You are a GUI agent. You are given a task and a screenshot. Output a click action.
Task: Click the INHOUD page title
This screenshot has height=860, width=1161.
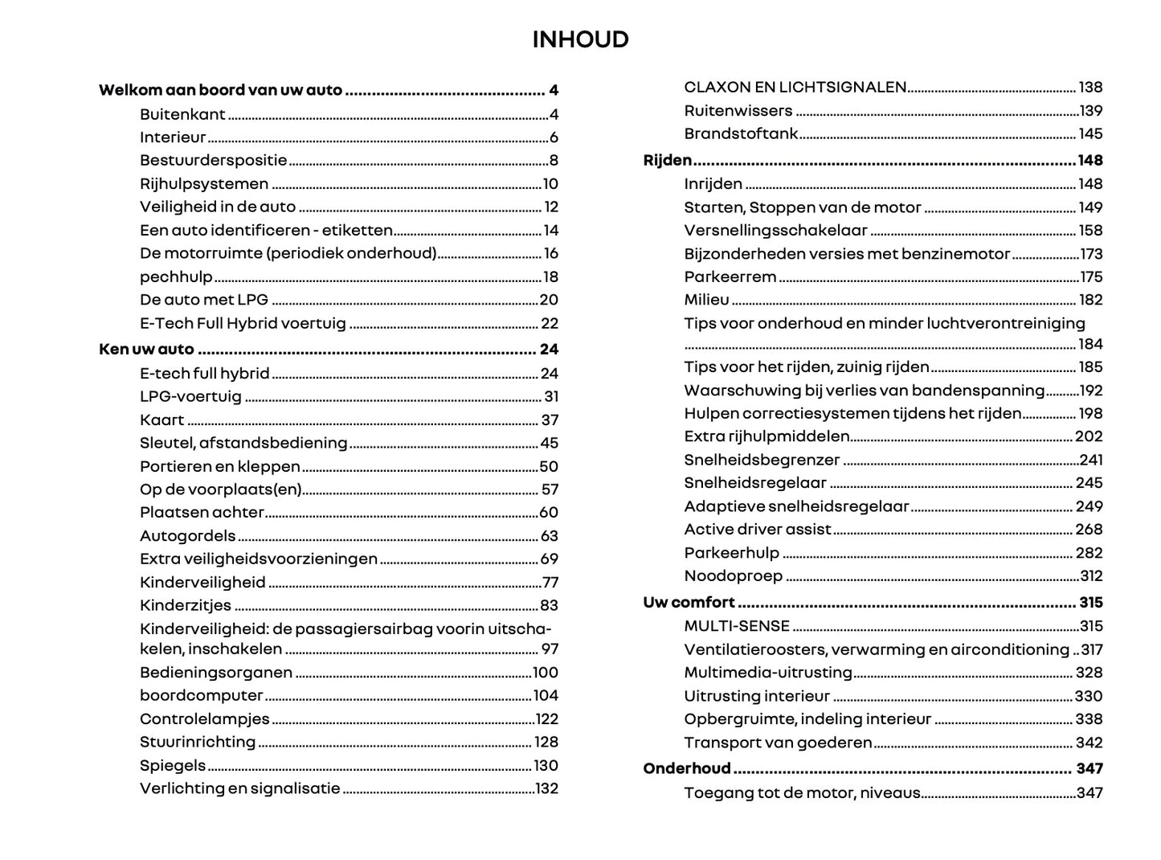click(x=580, y=39)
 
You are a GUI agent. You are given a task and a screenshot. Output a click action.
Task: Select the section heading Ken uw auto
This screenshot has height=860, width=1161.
click(x=146, y=350)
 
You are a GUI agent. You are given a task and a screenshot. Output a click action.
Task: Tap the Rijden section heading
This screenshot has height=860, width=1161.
click(x=668, y=161)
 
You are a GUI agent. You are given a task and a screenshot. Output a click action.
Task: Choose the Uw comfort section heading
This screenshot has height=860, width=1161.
click(x=689, y=603)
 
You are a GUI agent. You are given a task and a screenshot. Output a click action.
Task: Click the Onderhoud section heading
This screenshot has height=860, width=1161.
click(x=687, y=769)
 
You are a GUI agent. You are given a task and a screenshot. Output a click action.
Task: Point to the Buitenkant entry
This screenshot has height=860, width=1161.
click(x=182, y=115)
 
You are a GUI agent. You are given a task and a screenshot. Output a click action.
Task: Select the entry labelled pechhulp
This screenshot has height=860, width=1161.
click(x=176, y=277)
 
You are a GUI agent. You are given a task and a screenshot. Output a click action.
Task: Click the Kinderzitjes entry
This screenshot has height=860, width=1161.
click(x=186, y=606)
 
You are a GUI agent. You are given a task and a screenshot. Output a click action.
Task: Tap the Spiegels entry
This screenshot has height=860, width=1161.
click(x=173, y=766)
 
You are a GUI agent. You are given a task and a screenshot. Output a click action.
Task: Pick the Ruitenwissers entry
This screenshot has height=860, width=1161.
click(x=738, y=111)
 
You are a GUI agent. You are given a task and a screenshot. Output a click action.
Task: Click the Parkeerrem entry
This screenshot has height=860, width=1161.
click(x=730, y=277)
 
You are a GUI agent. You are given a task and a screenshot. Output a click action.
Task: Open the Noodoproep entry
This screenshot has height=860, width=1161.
click(x=733, y=576)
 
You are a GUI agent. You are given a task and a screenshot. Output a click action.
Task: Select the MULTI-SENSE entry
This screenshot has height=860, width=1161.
click(x=737, y=626)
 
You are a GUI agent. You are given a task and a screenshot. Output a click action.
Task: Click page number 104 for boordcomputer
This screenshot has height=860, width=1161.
click(x=546, y=696)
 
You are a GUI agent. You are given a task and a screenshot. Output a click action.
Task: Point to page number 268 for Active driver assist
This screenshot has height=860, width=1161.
click(x=1089, y=530)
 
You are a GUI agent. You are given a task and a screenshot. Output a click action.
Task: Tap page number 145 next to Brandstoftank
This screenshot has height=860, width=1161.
click(x=1090, y=134)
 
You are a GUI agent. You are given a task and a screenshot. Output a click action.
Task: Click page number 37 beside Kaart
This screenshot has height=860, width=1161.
click(x=550, y=420)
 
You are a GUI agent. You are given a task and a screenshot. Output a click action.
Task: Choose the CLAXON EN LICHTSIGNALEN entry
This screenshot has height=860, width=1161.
click(x=795, y=88)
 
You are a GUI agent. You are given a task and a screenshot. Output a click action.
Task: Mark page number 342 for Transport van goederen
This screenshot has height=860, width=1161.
click(x=1089, y=743)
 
